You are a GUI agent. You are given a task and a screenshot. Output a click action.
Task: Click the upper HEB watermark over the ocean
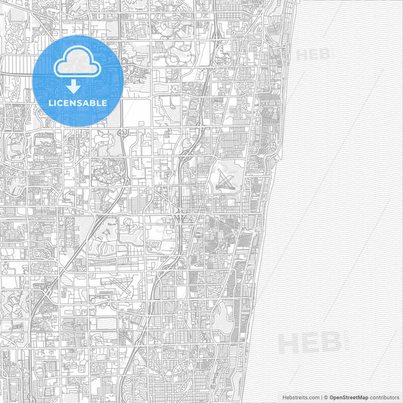pos(312,54)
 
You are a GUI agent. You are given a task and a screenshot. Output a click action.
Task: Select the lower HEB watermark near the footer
pos(309,344)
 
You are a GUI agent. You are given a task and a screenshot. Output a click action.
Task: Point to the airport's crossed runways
pos(224,180)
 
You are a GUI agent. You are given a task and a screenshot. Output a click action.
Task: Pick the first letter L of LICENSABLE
pos(51,102)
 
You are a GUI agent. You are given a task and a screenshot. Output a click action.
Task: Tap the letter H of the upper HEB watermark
pos(300,54)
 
